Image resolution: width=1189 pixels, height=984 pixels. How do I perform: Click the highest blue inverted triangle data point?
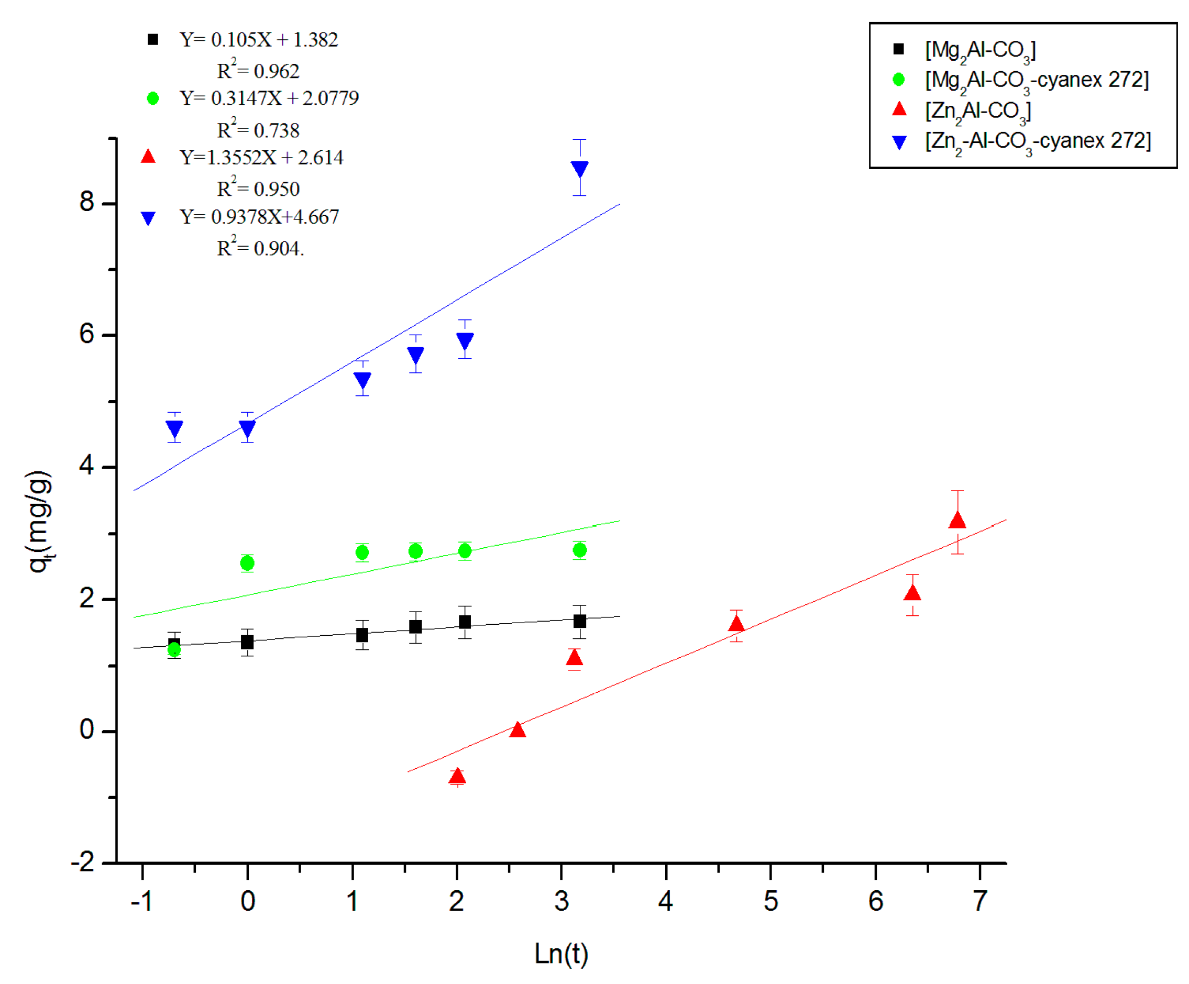tap(579, 169)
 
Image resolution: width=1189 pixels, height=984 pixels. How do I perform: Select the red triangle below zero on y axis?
tap(457, 776)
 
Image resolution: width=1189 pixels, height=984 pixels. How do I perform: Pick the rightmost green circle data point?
tap(579, 550)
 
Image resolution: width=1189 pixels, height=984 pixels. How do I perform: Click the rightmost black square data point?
tap(579, 621)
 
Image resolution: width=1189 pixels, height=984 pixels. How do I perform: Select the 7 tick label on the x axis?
tap(979, 901)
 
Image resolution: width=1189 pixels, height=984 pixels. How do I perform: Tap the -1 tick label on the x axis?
tap(141, 901)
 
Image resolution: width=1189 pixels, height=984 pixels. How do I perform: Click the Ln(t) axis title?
tap(561, 954)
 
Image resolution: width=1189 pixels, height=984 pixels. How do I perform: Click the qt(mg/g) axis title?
tap(40, 521)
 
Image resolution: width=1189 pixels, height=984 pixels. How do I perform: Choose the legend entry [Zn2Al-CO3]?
tap(978, 111)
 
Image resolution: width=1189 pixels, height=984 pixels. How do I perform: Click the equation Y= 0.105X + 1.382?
tap(259, 40)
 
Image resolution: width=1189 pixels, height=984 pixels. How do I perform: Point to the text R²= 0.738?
tap(258, 130)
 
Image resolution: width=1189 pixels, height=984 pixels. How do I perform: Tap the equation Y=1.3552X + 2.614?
tap(261, 158)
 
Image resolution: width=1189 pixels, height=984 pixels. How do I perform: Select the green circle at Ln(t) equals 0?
tap(247, 563)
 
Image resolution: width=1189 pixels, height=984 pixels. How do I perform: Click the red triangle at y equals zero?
tap(517, 729)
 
